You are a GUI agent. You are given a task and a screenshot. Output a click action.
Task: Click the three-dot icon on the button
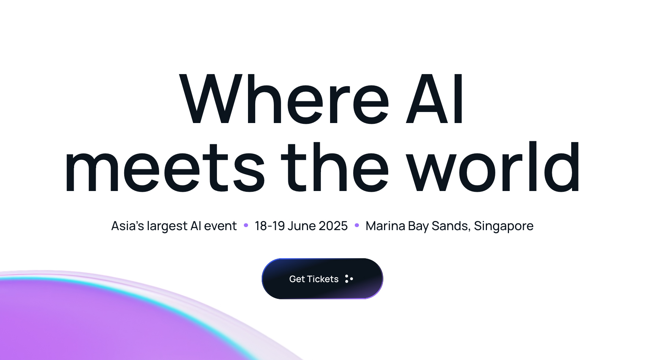tap(349, 279)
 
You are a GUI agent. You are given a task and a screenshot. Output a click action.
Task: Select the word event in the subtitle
tap(220, 226)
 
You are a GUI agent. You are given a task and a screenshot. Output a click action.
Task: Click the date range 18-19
tap(270, 226)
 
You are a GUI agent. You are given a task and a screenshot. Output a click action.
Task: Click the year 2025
tap(333, 226)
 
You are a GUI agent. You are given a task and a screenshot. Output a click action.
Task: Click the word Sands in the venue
tap(451, 226)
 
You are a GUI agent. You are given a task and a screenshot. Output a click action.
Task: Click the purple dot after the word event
tap(246, 226)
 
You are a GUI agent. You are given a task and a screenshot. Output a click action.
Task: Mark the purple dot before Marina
tap(357, 226)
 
